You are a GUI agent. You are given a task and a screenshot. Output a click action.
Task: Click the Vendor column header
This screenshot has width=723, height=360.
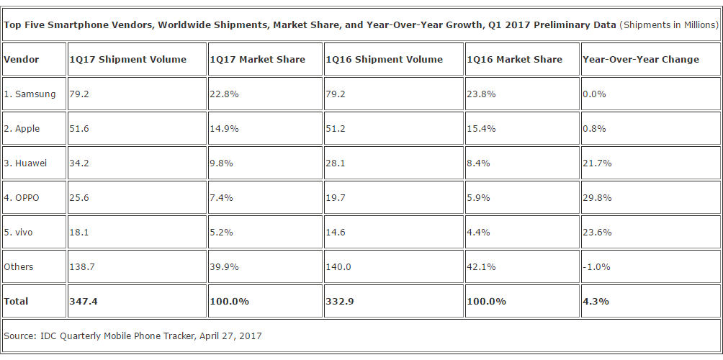click(22, 59)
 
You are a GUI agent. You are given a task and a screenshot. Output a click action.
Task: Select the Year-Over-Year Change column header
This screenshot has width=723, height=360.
click(641, 59)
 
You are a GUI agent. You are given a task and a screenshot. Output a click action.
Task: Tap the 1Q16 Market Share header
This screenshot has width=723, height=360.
click(515, 59)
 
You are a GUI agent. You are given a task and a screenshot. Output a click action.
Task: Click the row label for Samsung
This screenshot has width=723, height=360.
click(30, 94)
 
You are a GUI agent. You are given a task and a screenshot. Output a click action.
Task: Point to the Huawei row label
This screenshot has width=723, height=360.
click(26, 163)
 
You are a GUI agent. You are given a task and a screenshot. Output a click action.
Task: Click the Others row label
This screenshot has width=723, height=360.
click(19, 266)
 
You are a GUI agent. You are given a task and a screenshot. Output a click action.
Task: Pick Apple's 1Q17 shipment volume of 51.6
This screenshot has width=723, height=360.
click(78, 128)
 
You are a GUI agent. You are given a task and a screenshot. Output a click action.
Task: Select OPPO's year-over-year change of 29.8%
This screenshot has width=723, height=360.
click(597, 197)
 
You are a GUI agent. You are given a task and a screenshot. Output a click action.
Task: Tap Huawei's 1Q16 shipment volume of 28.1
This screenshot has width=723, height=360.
click(337, 163)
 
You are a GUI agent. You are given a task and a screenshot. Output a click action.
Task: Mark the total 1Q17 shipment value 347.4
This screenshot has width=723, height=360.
click(83, 301)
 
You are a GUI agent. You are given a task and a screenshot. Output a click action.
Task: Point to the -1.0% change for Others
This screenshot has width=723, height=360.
click(597, 266)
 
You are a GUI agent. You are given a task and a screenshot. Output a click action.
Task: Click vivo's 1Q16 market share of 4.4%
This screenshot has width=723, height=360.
click(479, 232)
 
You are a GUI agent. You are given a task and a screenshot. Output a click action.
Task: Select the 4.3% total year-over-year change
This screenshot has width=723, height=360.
click(596, 301)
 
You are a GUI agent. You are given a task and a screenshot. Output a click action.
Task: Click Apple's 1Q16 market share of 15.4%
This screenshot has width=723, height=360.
click(482, 128)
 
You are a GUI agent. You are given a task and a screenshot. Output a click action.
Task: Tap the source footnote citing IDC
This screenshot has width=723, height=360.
click(133, 336)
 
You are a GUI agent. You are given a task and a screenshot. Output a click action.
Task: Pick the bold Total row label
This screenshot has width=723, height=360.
click(17, 301)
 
